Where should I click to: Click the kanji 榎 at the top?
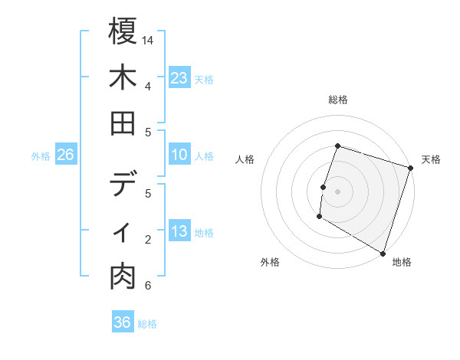coord(123,31)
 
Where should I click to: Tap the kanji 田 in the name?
coord(123,123)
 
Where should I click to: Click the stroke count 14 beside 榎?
coord(147,40)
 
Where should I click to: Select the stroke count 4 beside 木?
coord(147,86)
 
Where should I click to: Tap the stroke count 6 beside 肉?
coord(147,286)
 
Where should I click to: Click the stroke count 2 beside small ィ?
coord(147,240)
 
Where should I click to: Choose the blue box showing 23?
coord(179,77)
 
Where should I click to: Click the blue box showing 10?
coord(179,155)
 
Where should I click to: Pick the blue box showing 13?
coord(179,231)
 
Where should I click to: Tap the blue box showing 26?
coord(65,155)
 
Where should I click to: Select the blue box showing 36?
coord(123,322)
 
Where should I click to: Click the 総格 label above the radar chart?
coord(337,100)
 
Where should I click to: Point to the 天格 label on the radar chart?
coord(431,159)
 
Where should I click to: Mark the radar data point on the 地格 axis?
coord(382,253)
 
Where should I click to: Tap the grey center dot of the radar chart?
coord(337,191)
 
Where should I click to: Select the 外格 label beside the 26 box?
coord(41,156)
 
